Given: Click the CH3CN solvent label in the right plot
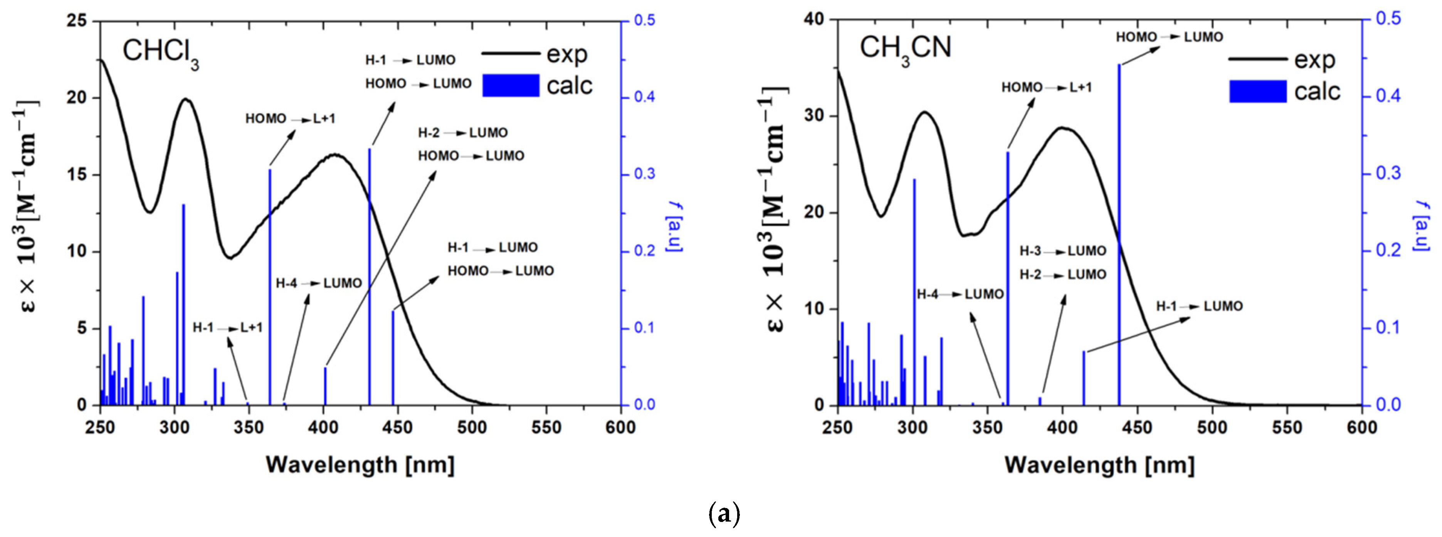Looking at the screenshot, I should click(x=905, y=49).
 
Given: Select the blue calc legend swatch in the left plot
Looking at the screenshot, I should click(x=511, y=86).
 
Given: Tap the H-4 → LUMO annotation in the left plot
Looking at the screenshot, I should click(x=319, y=283).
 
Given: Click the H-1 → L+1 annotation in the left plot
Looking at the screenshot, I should click(x=227, y=328).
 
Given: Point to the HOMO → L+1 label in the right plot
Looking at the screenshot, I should click(x=1046, y=88).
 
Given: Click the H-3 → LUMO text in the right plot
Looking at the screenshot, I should click(x=1062, y=251).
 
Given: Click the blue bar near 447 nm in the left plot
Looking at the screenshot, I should click(x=393, y=359).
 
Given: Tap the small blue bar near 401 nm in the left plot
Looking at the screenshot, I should click(x=325, y=386).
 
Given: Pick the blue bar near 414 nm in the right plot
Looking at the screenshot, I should click(x=1084, y=378).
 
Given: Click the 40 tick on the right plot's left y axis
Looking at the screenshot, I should click(x=815, y=20).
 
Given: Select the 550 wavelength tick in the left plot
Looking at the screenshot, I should click(x=546, y=427).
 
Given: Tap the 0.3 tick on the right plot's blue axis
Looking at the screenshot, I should click(x=1389, y=173).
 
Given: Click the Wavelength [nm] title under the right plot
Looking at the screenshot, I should click(x=1099, y=465).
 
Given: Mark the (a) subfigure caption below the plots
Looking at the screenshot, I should click(x=724, y=514).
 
